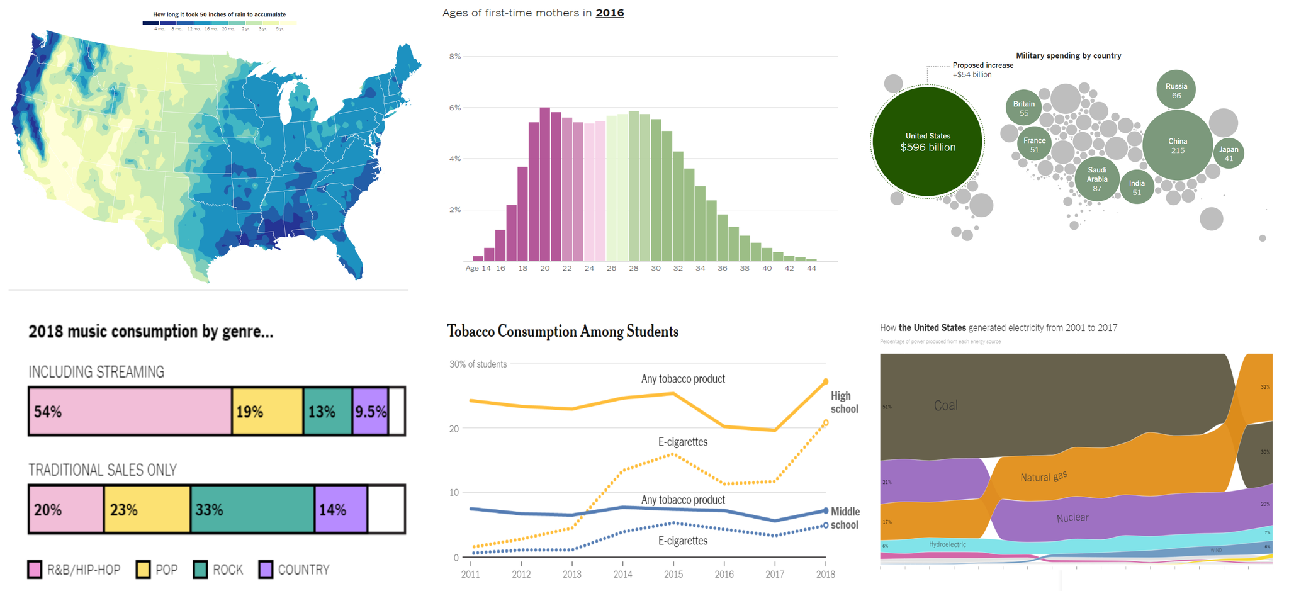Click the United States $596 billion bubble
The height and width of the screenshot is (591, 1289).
coord(927,142)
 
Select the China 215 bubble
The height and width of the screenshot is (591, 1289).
coord(1177,145)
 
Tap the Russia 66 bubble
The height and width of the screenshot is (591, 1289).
coord(1176,90)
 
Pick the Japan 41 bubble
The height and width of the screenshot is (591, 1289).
coord(1229,154)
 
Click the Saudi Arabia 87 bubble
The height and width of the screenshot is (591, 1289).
coord(1097,179)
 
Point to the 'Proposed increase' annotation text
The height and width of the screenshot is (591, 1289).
coord(982,65)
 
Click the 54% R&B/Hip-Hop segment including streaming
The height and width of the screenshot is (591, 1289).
coord(130,412)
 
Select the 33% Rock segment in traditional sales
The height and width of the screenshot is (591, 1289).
coord(252,509)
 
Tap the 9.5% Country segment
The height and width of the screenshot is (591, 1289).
coord(370,412)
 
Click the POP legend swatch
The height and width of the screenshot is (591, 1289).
coord(144,570)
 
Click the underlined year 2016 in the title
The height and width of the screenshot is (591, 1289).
coord(609,13)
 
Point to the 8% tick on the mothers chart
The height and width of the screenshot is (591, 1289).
coord(454,57)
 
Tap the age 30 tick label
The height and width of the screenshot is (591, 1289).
coord(656,268)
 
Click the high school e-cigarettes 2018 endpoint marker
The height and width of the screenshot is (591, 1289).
coord(825,423)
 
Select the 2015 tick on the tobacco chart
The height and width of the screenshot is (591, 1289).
coord(673,574)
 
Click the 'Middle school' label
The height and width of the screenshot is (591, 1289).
coord(845,518)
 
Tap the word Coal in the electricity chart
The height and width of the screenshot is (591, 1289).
coord(945,405)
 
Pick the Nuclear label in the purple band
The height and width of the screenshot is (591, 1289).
coord(1072,518)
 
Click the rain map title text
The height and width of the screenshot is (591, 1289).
coord(219,14)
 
